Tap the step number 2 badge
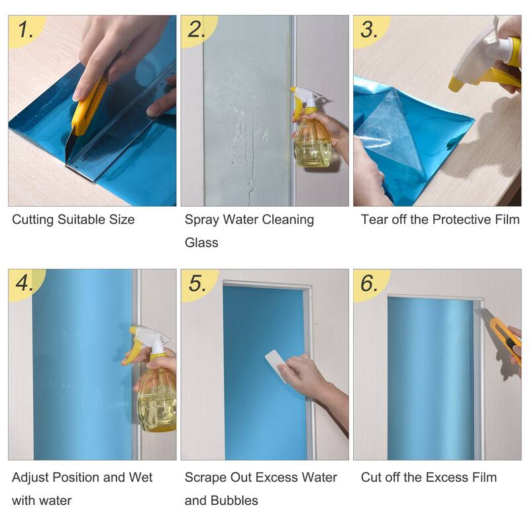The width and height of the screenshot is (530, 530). (197, 29)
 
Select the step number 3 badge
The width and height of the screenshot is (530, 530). (368, 29)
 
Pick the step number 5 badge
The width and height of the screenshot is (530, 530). (197, 283)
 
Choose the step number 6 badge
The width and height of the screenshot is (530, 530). (369, 283)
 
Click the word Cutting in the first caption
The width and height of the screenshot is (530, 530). (35, 220)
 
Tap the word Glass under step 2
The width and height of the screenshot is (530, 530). (201, 242)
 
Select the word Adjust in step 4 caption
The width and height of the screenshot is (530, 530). (32, 478)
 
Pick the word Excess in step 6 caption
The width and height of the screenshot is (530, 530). (449, 478)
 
